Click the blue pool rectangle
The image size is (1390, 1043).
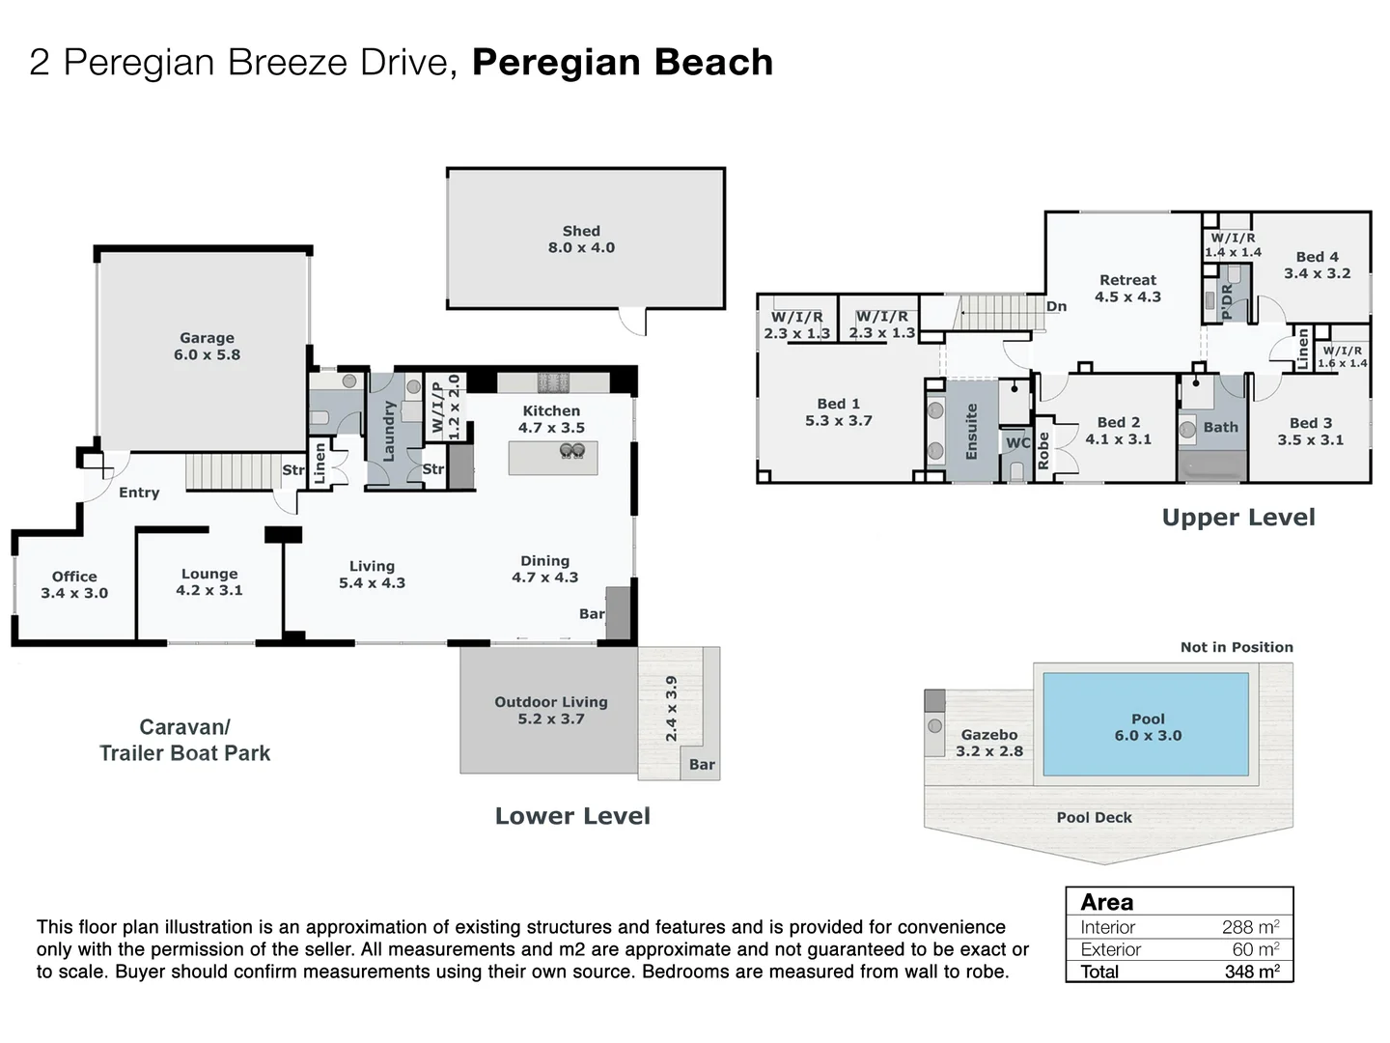(1146, 724)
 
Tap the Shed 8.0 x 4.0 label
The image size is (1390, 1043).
(581, 240)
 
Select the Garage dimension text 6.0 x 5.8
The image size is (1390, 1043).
(208, 354)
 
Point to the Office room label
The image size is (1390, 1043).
(74, 577)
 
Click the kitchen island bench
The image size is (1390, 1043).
(553, 458)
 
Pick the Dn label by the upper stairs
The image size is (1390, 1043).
(1056, 306)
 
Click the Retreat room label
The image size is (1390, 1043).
(1127, 280)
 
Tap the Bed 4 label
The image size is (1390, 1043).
(1318, 257)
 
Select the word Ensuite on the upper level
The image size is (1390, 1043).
(971, 432)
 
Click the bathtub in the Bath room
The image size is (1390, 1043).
(1212, 465)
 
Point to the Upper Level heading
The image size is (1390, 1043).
(1238, 518)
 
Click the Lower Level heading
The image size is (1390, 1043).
(572, 816)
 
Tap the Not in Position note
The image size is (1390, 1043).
(1237, 647)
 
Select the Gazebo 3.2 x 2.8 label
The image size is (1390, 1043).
(989, 743)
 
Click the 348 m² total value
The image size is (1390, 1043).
(1252, 971)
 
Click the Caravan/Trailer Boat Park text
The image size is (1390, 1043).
(185, 740)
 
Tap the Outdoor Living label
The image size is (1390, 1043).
(551, 702)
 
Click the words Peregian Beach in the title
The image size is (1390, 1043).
(623, 62)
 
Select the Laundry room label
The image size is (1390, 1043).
(389, 432)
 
